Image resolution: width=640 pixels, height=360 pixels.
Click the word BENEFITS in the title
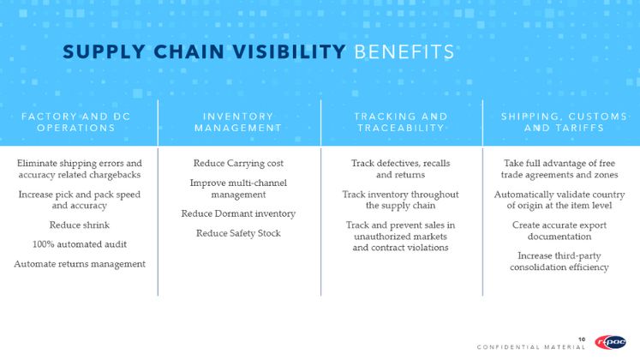pos(404,52)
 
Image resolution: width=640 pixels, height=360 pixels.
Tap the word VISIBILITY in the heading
pos(290,52)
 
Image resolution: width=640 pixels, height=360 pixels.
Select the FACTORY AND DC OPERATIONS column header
pos(76,122)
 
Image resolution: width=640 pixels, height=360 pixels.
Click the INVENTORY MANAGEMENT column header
pos(238,122)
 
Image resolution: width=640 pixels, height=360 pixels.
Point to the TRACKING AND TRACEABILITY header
pos(401,122)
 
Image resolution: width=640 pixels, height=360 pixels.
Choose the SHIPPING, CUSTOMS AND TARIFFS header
pos(564,122)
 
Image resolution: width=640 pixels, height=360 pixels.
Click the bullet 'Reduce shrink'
pos(80,225)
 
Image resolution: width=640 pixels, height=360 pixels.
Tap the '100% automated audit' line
pos(80,244)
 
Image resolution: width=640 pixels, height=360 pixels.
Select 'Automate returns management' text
pos(80,264)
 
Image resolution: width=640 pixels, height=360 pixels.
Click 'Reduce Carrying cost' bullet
pos(238,163)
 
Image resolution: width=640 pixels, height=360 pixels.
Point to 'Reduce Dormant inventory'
pos(238,213)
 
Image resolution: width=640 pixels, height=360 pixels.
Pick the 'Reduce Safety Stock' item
pos(238,233)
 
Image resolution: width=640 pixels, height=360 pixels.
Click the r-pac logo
pos(611,342)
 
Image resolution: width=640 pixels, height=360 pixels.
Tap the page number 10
pos(582,339)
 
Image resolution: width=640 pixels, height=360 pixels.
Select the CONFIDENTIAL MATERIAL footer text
pos(531,347)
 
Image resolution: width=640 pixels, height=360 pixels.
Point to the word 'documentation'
pos(559,237)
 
